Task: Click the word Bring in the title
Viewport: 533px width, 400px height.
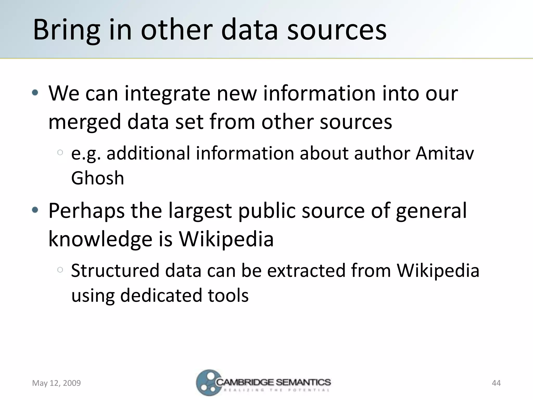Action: pos(67,30)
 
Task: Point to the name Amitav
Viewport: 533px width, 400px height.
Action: pos(445,153)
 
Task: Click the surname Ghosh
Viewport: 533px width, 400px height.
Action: pos(98,178)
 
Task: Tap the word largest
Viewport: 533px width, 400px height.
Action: pos(200,211)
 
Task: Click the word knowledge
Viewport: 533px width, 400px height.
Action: pos(100,239)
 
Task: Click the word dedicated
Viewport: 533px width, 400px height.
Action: pos(161,296)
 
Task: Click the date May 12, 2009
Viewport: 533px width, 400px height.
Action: pos(56,383)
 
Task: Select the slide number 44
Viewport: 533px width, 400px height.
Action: pos(496,383)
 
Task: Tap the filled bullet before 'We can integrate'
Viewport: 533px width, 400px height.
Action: pos(35,93)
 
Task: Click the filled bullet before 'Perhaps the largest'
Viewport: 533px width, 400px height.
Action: pos(35,210)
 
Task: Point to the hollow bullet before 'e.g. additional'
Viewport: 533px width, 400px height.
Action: pos(60,153)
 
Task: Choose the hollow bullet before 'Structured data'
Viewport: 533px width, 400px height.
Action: pos(60,270)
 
